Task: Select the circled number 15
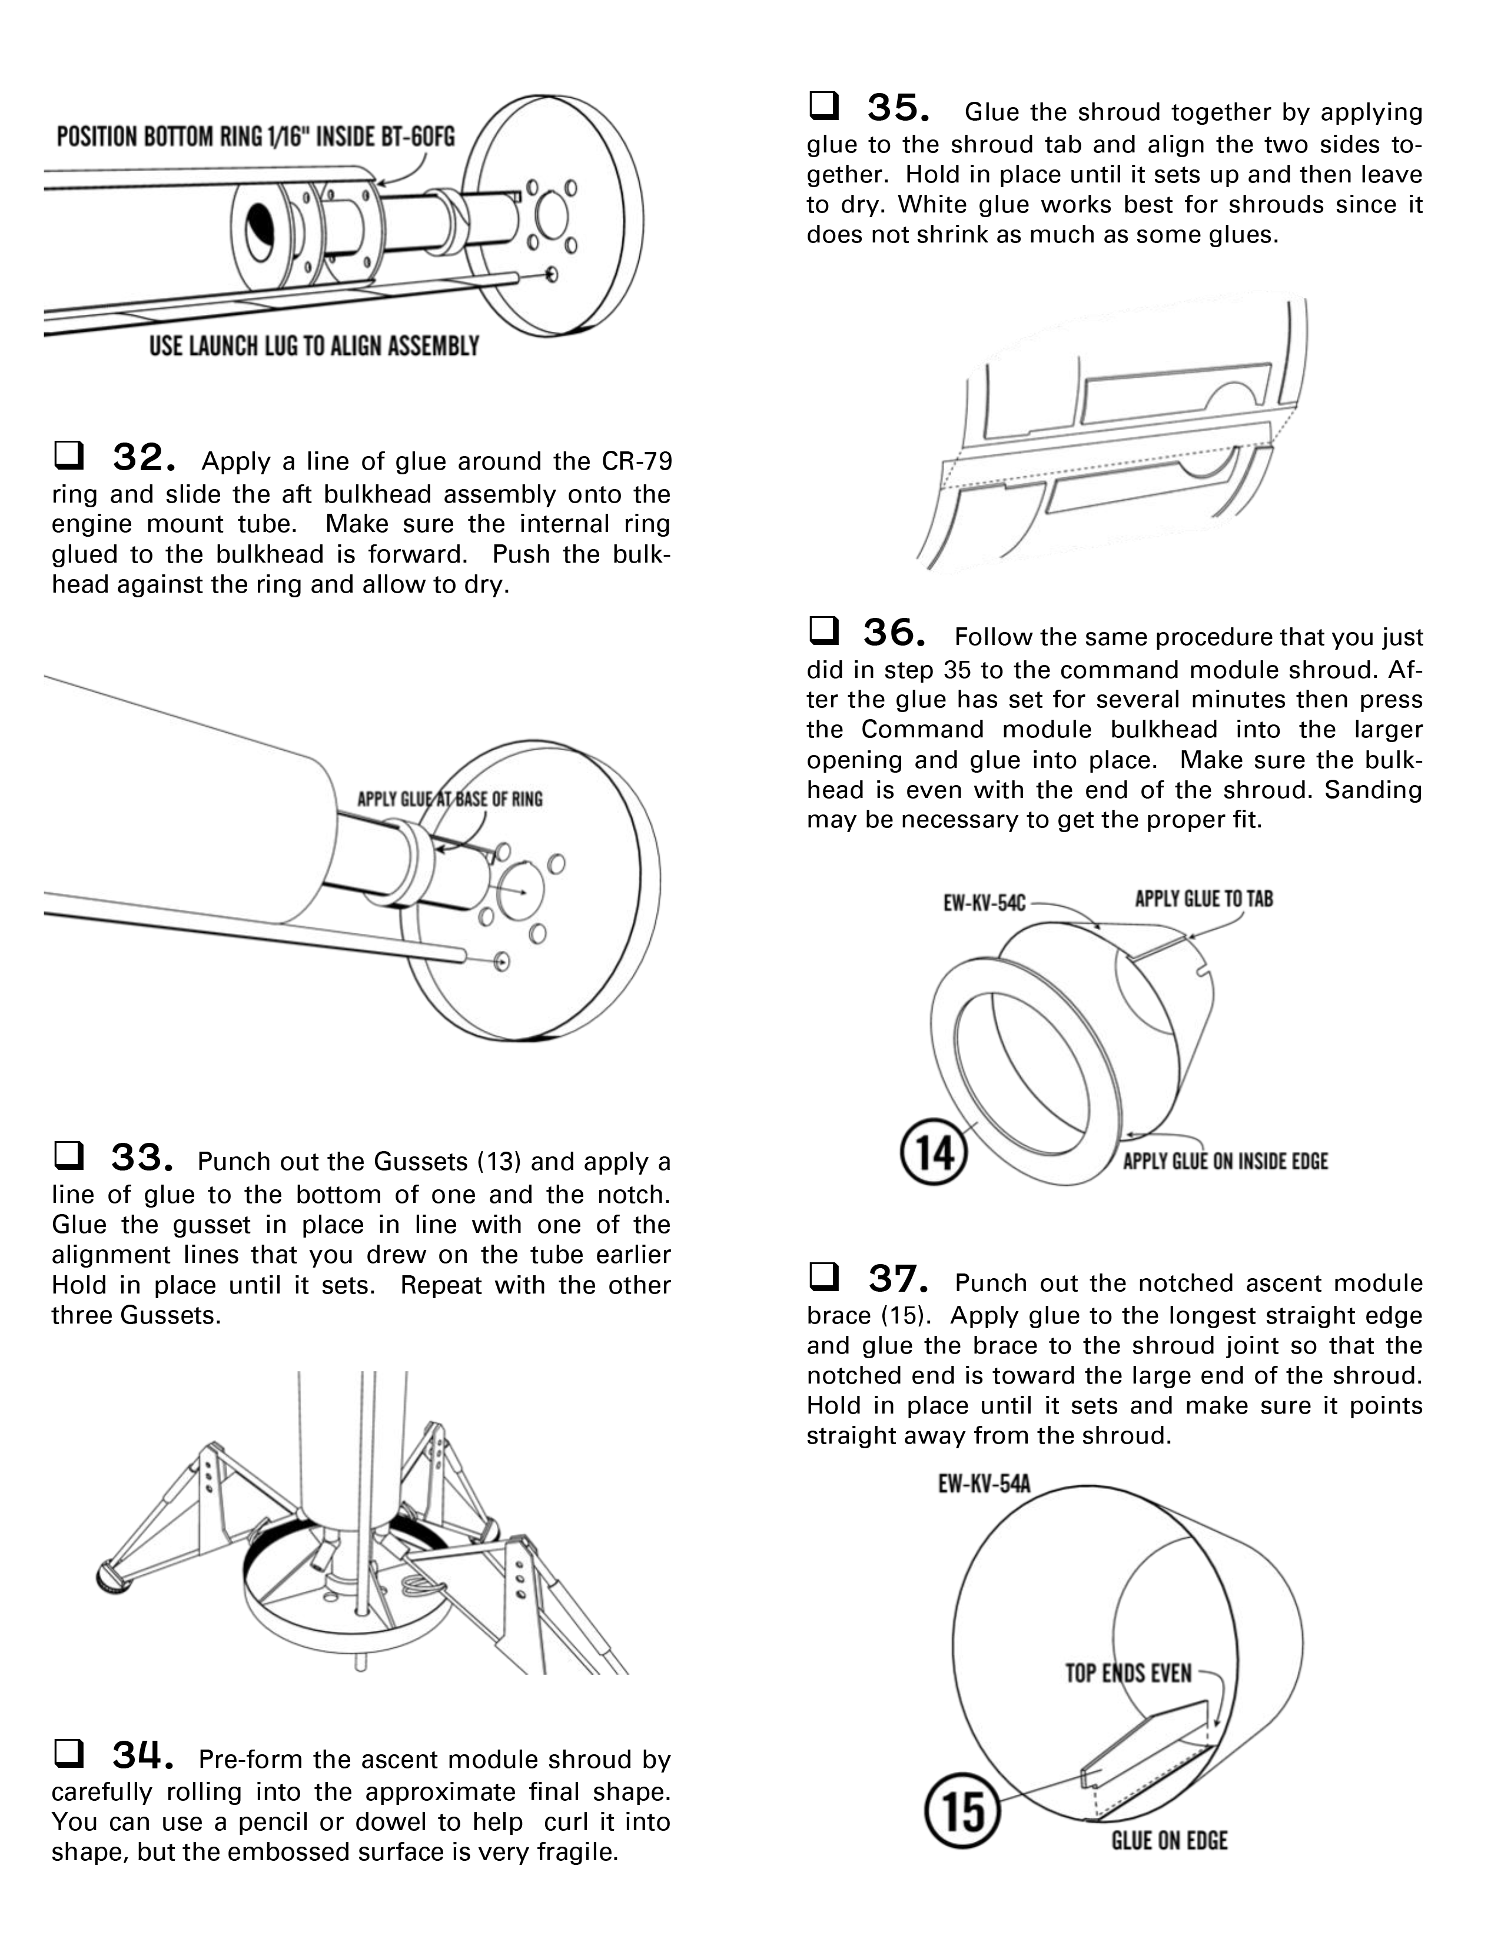(963, 1810)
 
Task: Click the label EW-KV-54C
(984, 903)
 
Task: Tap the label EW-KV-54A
(984, 1484)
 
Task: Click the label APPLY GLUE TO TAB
(1203, 899)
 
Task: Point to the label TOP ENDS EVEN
(1128, 1674)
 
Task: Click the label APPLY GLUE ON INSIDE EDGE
(1224, 1161)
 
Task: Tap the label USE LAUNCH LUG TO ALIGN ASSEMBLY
(314, 346)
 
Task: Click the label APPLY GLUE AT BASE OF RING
(449, 799)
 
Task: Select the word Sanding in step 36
(1373, 790)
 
